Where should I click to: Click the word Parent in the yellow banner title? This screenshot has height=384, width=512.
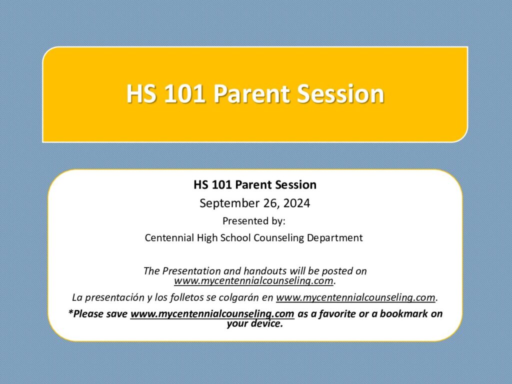pyautogui.click(x=251, y=94)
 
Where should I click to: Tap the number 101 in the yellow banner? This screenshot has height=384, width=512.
pyautogui.click(x=185, y=94)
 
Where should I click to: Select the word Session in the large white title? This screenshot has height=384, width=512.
pyautogui.click(x=340, y=94)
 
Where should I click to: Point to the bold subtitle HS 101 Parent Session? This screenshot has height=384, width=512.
pyautogui.click(x=255, y=185)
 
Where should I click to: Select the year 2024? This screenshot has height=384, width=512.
pyautogui.click(x=297, y=203)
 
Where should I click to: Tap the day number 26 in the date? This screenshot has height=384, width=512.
pyautogui.click(x=270, y=203)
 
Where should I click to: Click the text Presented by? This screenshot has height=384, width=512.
pyautogui.click(x=254, y=221)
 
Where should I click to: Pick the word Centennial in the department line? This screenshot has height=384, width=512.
pyautogui.click(x=169, y=237)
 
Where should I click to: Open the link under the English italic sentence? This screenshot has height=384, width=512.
pyautogui.click(x=253, y=281)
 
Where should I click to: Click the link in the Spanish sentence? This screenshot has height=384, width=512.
pyautogui.click(x=355, y=297)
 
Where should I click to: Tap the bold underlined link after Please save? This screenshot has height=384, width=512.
pyautogui.click(x=212, y=314)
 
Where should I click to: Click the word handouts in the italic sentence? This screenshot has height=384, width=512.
pyautogui.click(x=265, y=271)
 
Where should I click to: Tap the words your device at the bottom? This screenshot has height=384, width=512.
pyautogui.click(x=255, y=324)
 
